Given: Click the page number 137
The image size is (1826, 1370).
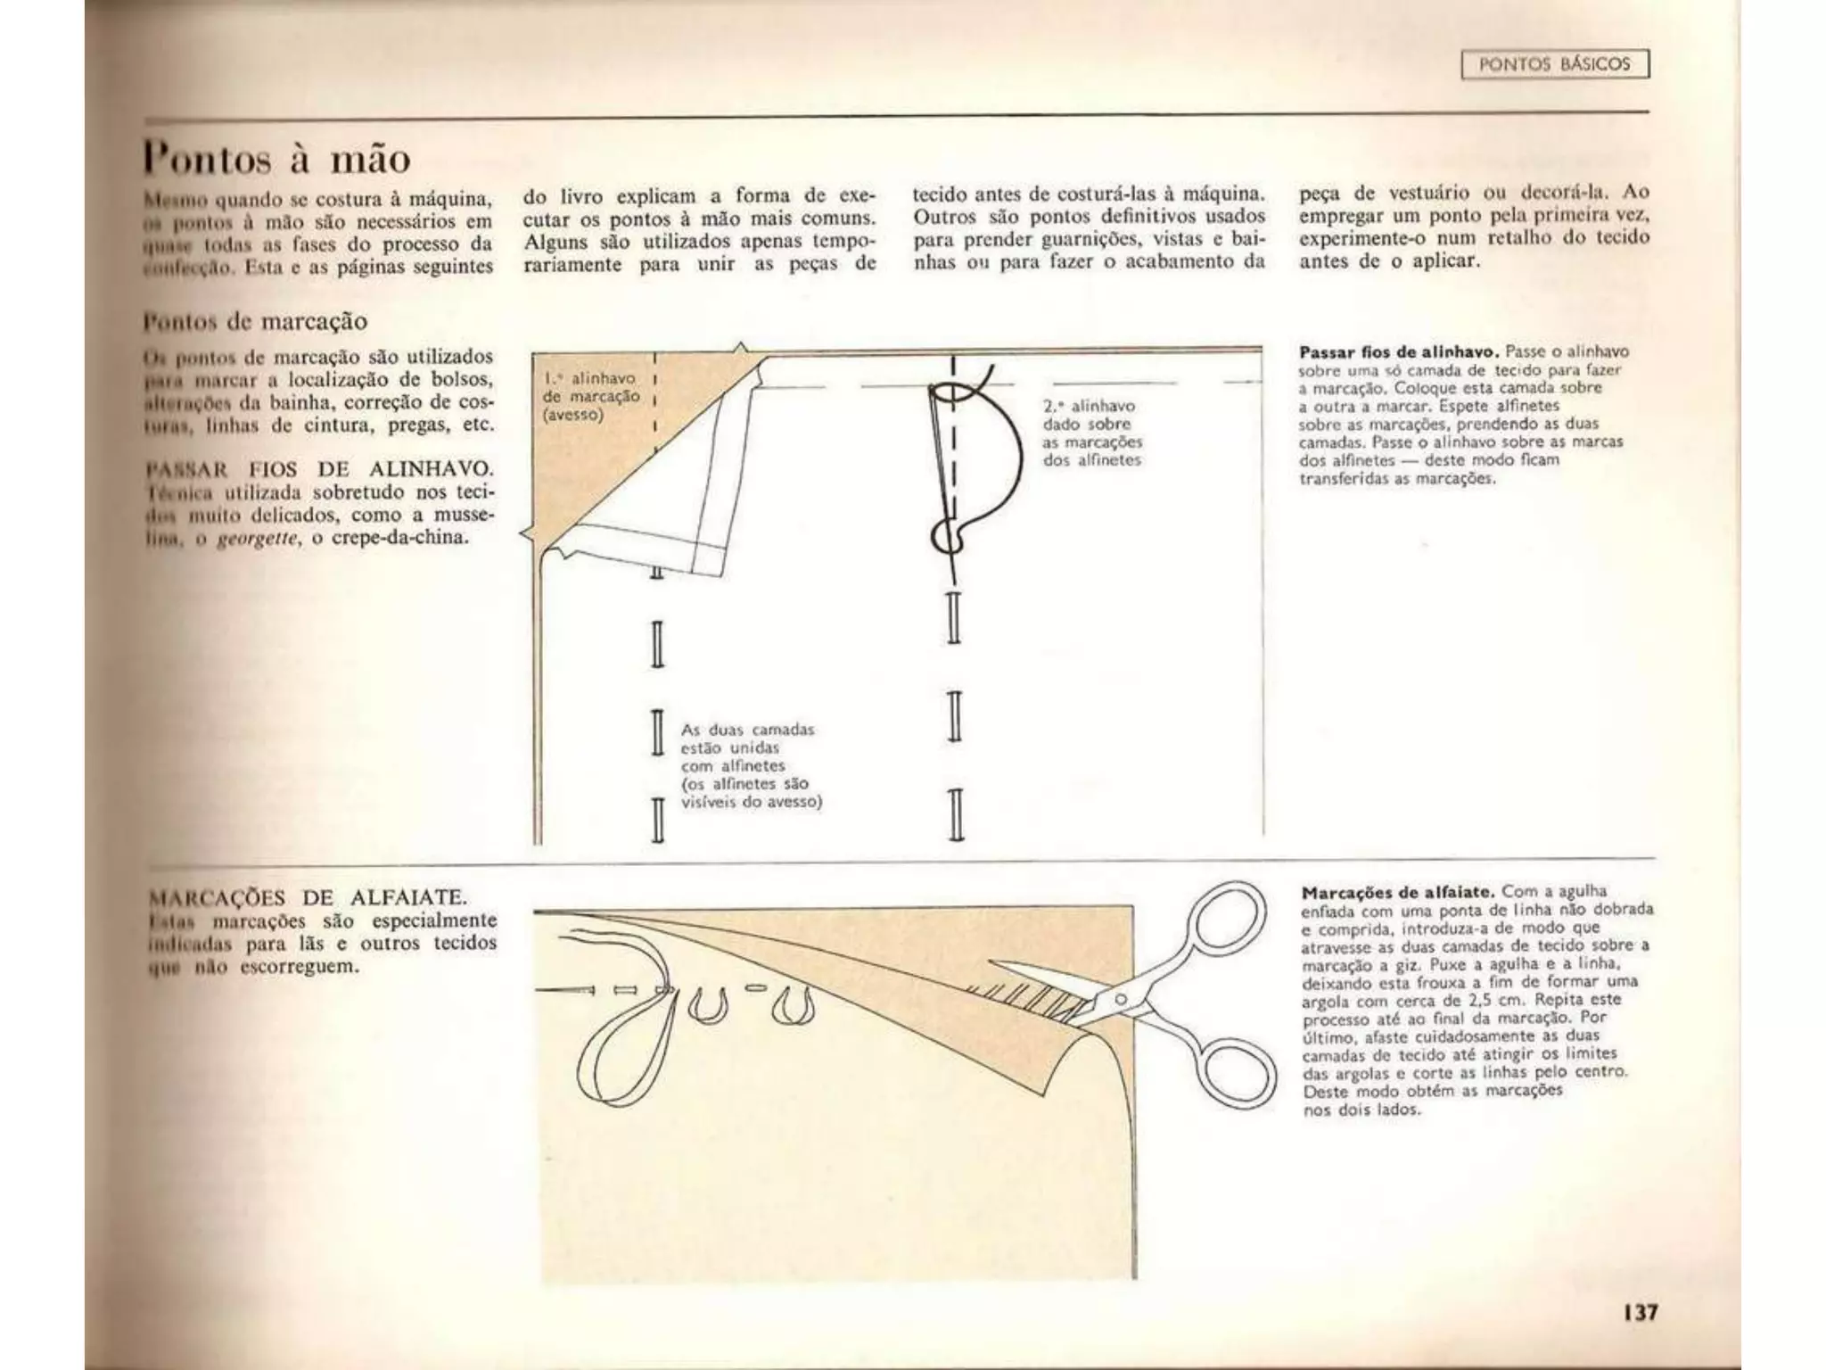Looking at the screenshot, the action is pyautogui.click(x=1640, y=1312).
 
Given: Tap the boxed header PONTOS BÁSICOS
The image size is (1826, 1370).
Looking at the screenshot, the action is pyautogui.click(x=1555, y=64).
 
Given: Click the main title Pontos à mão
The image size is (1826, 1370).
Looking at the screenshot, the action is pyautogui.click(x=277, y=159).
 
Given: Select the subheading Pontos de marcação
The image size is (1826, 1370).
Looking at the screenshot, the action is pyautogui.click(x=256, y=321).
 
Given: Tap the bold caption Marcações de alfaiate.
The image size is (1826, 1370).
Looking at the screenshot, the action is pyautogui.click(x=1399, y=892).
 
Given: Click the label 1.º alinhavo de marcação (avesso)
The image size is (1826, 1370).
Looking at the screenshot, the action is pyautogui.click(x=591, y=397).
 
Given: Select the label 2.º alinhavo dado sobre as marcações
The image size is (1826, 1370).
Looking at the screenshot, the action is pyautogui.click(x=1091, y=433).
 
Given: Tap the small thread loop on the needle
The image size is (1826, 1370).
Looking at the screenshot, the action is pyautogui.click(x=947, y=535).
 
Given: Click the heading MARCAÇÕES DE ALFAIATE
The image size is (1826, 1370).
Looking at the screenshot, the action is pyautogui.click(x=308, y=896).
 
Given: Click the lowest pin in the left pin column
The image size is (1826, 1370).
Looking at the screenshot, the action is pyautogui.click(x=658, y=819).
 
